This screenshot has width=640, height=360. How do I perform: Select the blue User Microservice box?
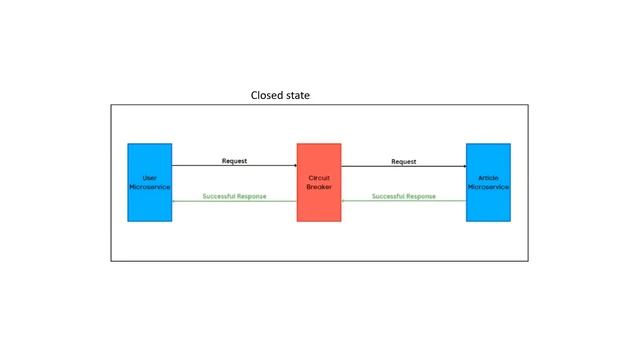click(x=149, y=182)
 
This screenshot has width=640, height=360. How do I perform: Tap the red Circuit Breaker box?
click(x=318, y=182)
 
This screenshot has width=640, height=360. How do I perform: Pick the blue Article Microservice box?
click(x=488, y=182)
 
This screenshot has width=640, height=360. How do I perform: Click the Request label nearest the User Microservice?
click(x=234, y=160)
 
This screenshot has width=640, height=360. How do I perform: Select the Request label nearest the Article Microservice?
click(x=403, y=160)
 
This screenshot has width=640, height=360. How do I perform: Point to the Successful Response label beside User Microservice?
click(x=234, y=196)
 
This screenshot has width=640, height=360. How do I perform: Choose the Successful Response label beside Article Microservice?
click(x=403, y=196)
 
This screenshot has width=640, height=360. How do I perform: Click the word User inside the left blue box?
click(x=149, y=178)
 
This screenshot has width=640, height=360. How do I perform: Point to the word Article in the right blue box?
click(x=488, y=178)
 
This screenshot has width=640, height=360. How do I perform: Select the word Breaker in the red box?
click(x=318, y=187)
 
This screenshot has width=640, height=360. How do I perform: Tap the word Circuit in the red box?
click(x=318, y=178)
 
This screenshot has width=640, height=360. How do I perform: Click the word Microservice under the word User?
click(x=149, y=187)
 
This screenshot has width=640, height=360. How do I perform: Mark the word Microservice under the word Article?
click(x=488, y=187)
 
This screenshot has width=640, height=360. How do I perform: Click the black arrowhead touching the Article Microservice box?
click(x=463, y=166)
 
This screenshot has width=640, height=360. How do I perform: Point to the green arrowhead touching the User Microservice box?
click(x=175, y=201)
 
